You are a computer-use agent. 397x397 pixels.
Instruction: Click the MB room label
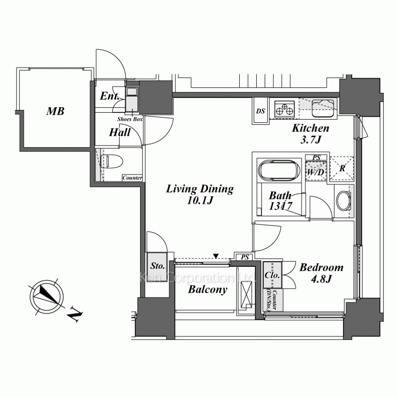[55, 111]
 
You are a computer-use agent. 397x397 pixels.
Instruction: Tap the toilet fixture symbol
[112, 161]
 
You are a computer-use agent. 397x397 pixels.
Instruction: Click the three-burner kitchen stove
[284, 110]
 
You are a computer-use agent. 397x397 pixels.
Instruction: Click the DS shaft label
[260, 111]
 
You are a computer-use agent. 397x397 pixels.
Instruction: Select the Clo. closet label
[272, 275]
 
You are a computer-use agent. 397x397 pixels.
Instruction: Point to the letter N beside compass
[75, 314]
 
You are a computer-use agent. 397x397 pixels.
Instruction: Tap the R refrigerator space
[342, 168]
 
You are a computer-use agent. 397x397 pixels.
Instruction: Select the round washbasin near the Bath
[343, 200]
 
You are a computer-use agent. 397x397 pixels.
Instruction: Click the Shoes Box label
[130, 119]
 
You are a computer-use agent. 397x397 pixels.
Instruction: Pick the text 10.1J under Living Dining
[200, 200]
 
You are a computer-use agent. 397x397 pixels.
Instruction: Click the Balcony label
[208, 290]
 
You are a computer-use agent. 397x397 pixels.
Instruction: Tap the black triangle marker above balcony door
[216, 256]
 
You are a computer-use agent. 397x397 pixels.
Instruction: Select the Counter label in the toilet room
[132, 178]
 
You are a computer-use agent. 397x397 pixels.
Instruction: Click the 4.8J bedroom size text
[321, 279]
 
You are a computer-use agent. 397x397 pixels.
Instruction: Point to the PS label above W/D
[316, 158]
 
